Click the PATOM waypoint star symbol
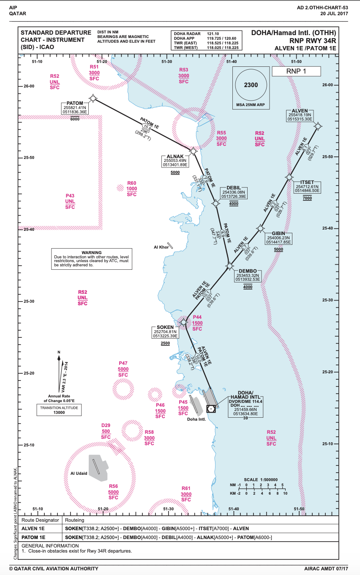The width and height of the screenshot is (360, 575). [x=93, y=99]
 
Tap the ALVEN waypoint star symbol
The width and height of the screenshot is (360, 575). [x=318, y=126]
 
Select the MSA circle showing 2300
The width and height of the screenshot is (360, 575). [x=251, y=85]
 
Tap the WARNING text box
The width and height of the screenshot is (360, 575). [x=91, y=259]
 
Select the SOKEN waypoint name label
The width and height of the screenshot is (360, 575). [x=165, y=327]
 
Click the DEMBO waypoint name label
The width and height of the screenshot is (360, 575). [x=248, y=271]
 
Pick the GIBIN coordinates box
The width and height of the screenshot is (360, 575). [x=278, y=240]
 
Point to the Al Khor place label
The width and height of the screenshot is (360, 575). [x=161, y=247]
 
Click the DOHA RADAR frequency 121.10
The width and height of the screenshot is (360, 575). [x=213, y=33]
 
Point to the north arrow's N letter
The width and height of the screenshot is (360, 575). [x=59, y=352]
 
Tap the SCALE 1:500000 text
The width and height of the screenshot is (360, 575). [x=261, y=479]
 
